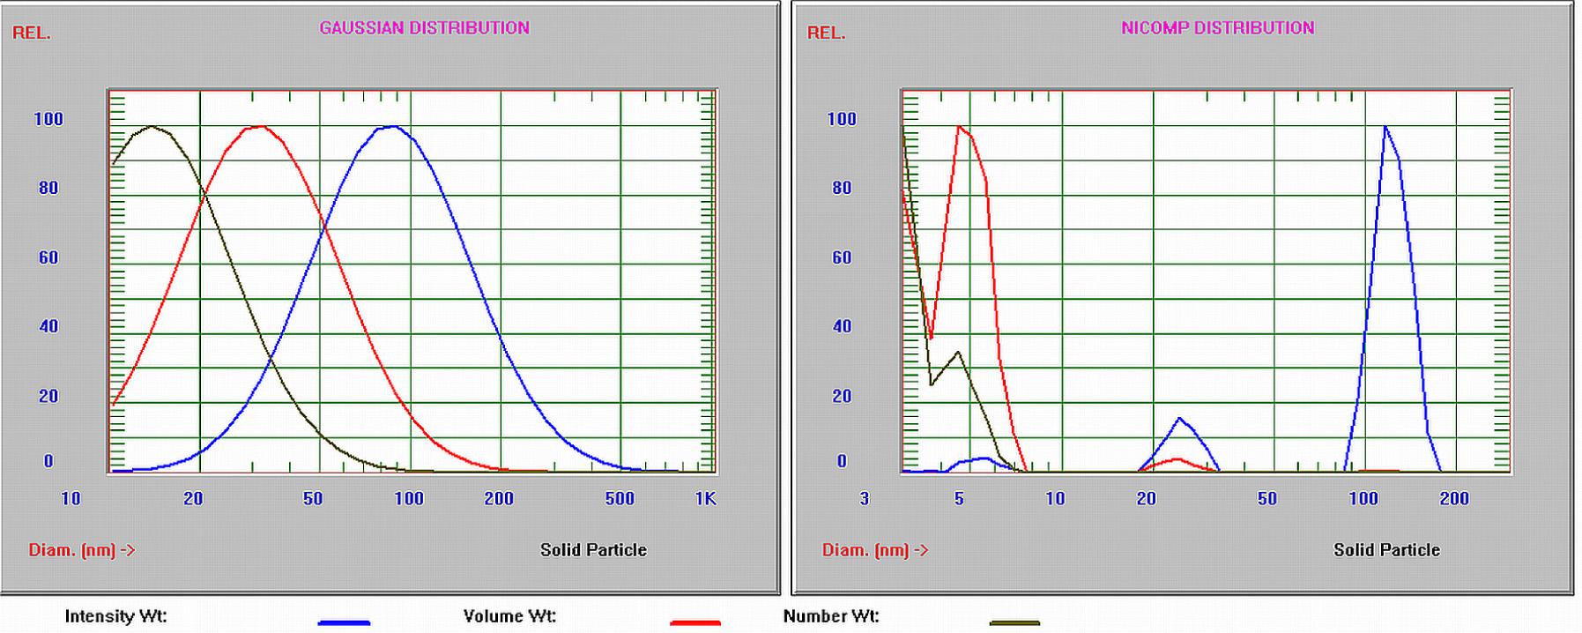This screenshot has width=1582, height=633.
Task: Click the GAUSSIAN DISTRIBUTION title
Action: (424, 28)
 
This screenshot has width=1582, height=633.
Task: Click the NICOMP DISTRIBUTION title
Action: (1217, 28)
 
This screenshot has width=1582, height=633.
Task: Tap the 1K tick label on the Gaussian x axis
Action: (705, 499)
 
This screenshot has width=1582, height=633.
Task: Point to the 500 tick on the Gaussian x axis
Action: (620, 499)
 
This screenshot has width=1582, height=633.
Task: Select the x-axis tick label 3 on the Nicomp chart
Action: (865, 499)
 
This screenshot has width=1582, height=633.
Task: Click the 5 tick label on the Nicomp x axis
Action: (959, 499)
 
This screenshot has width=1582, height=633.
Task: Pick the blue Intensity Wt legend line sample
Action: (344, 622)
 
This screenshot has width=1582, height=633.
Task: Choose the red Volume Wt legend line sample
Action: (694, 622)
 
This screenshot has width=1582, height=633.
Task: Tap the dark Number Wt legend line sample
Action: (1014, 622)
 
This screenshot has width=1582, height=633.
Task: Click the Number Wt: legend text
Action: (831, 616)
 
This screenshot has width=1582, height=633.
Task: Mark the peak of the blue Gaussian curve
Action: (390, 127)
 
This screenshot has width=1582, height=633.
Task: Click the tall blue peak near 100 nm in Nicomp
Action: (1385, 128)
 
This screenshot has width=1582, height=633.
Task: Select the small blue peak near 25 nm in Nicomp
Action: (1179, 419)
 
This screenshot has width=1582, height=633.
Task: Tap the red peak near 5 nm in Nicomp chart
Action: (959, 127)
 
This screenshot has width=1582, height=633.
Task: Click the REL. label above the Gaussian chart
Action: (32, 34)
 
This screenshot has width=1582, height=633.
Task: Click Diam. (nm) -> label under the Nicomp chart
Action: (875, 550)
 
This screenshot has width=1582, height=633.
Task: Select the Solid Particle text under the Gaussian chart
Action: (593, 550)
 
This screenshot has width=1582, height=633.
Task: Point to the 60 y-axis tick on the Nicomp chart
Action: (842, 257)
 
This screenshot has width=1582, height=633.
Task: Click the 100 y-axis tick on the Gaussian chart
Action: (48, 119)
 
